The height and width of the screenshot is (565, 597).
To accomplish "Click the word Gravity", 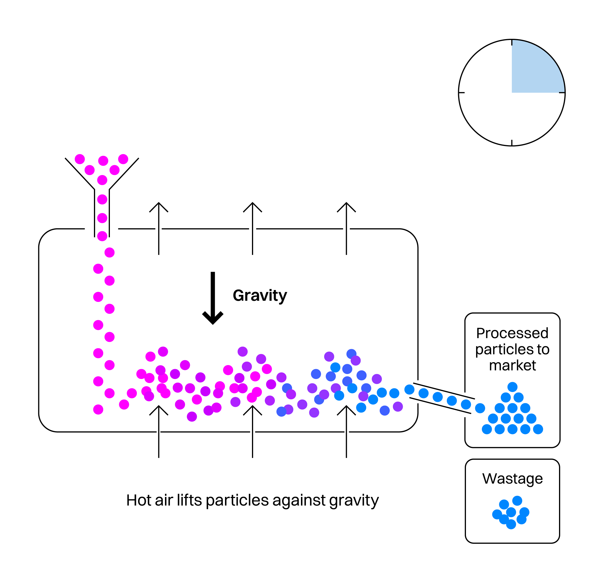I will (x=260, y=296).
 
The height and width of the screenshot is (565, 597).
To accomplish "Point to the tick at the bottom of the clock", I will (x=512, y=143).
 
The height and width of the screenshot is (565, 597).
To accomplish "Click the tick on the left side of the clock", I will (x=461, y=92).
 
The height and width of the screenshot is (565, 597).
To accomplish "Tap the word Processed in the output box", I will (x=512, y=333).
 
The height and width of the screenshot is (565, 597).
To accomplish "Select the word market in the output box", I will (x=512, y=365).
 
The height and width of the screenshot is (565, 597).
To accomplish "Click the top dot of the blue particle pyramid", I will (x=512, y=387).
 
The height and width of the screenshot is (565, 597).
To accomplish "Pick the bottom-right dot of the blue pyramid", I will (x=538, y=429).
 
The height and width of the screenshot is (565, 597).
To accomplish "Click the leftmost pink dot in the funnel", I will (x=80, y=159).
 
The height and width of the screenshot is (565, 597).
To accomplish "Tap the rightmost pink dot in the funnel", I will (x=123, y=159).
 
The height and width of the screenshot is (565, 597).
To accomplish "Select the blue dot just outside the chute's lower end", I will (x=480, y=408).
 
